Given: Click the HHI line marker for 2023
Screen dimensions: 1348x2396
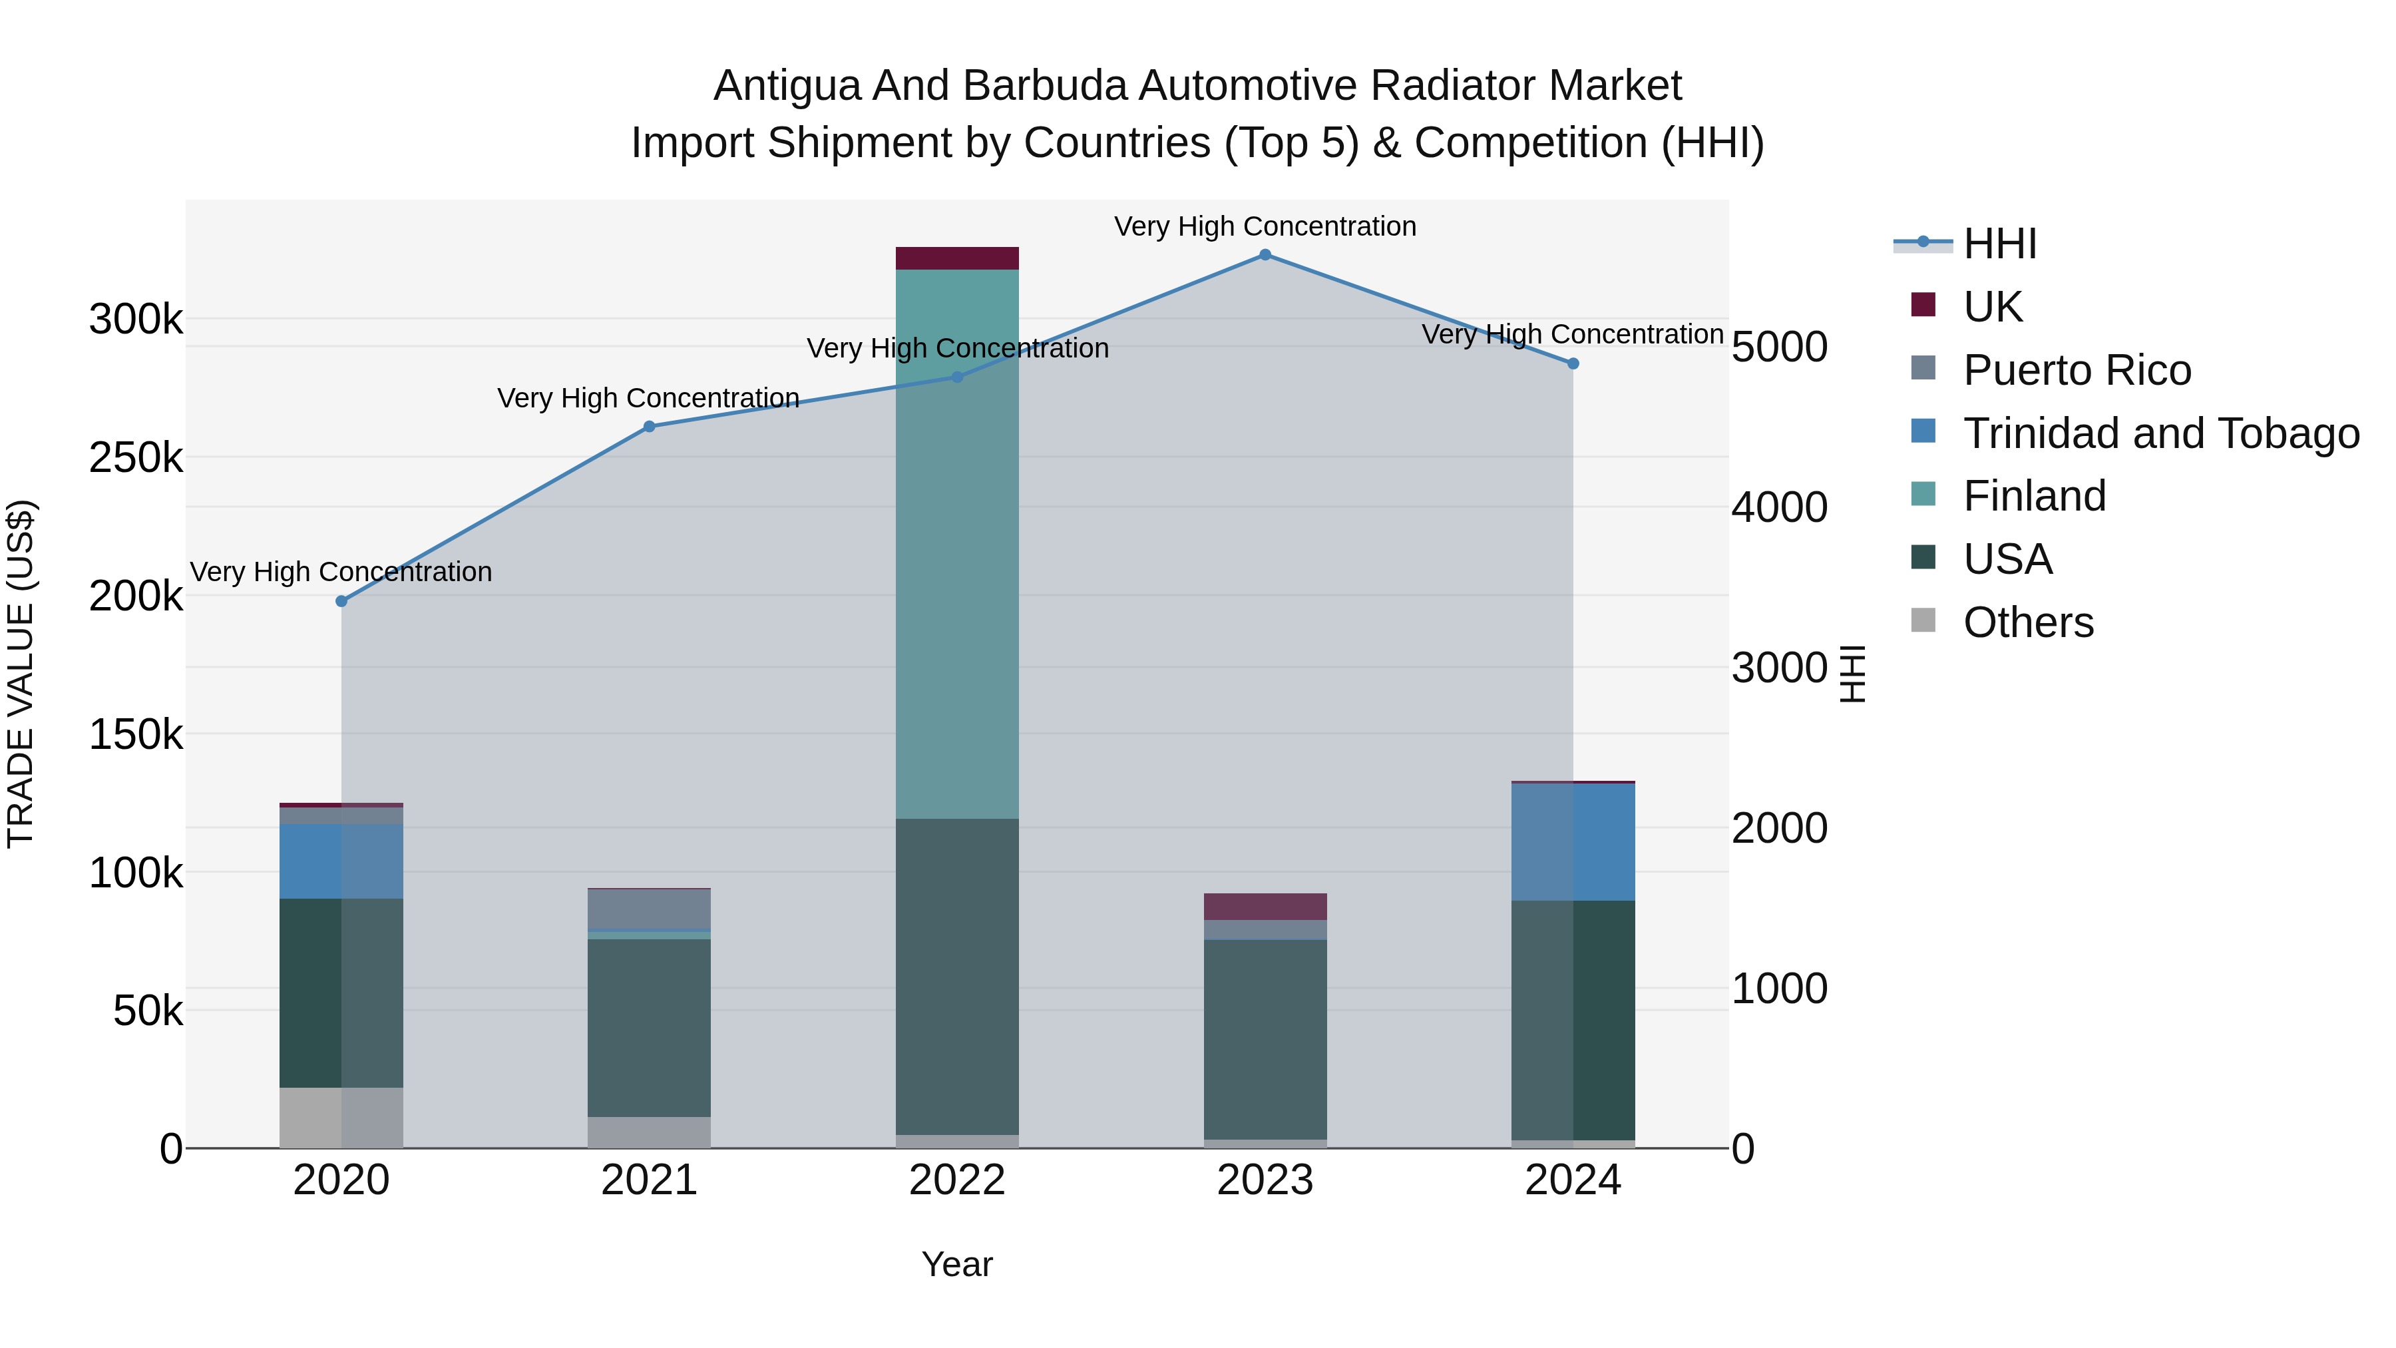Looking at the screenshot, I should pos(1265,255).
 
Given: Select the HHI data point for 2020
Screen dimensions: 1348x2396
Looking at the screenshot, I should pos(341,602).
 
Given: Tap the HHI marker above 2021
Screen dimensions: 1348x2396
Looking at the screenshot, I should pos(649,427).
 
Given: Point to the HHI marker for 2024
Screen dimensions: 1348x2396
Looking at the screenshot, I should pos(1573,363).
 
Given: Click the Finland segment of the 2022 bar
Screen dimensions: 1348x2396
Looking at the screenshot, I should pos(957,545).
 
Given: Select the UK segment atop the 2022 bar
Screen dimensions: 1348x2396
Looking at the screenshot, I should pos(957,259).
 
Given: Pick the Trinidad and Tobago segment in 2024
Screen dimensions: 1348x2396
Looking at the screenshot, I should pos(1573,842).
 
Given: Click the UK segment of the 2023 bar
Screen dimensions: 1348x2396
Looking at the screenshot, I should pos(1265,907).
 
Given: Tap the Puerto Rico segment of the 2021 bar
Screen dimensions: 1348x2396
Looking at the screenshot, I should pos(649,909).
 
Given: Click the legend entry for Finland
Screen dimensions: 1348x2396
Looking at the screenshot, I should pos(2034,496).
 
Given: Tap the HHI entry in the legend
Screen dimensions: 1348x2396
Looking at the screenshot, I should pos(2000,244).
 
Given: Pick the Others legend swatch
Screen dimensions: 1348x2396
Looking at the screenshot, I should pos(1923,620).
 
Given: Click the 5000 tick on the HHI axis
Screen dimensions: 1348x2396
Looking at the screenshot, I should pos(1779,348).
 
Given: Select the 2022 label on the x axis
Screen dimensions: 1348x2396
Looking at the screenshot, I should pos(957,1180).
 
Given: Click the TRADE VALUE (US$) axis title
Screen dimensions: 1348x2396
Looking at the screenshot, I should pos(21,674).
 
